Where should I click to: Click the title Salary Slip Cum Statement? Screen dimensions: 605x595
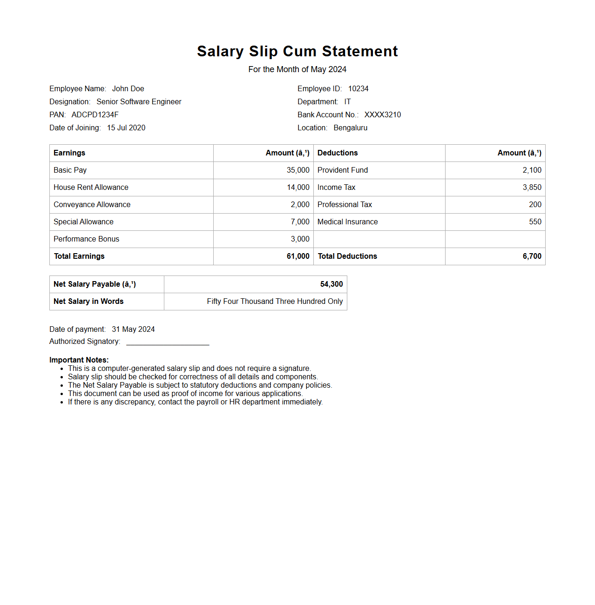(x=297, y=51)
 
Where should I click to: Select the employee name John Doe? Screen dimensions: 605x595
(x=128, y=89)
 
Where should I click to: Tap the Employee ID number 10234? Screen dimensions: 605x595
(x=358, y=89)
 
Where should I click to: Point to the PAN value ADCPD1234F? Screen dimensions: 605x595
(x=95, y=115)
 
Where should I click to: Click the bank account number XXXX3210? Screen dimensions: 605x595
(x=382, y=115)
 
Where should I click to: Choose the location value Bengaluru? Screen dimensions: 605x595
(x=350, y=128)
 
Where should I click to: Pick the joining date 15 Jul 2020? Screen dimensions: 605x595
(x=126, y=128)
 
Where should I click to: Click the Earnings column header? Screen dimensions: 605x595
(x=69, y=153)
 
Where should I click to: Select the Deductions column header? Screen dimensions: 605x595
(x=338, y=153)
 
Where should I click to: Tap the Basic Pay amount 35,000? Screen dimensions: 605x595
(x=298, y=170)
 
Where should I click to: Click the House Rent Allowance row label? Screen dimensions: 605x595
(x=91, y=188)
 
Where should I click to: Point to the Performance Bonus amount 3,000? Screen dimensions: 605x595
(x=300, y=239)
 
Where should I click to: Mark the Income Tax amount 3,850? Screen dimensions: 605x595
(x=532, y=188)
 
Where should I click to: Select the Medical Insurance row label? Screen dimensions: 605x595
(x=347, y=222)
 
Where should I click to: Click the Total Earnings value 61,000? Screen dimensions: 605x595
(x=298, y=256)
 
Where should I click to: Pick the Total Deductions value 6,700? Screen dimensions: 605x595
(x=532, y=256)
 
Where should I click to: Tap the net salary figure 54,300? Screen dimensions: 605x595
(x=331, y=284)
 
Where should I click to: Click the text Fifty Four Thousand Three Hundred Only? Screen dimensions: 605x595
(x=275, y=302)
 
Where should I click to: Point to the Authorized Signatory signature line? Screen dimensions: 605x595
(x=168, y=343)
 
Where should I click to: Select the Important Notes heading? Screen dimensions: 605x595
(x=79, y=360)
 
